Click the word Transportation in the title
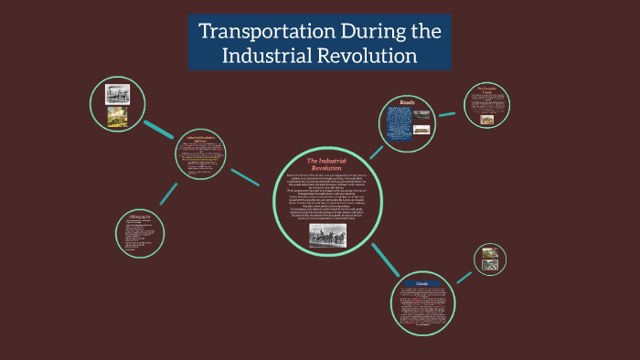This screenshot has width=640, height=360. pos(253,32)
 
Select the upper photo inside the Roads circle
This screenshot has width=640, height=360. pos(422,115)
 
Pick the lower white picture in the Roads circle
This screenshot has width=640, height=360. pos(422,130)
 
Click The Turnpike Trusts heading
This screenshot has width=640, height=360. pos(487,91)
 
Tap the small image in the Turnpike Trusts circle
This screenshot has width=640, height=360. pos(487,119)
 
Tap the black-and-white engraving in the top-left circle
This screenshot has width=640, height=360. pos(117,92)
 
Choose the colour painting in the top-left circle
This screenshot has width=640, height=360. pos(117,114)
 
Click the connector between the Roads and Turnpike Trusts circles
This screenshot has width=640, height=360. pos(447,114)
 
